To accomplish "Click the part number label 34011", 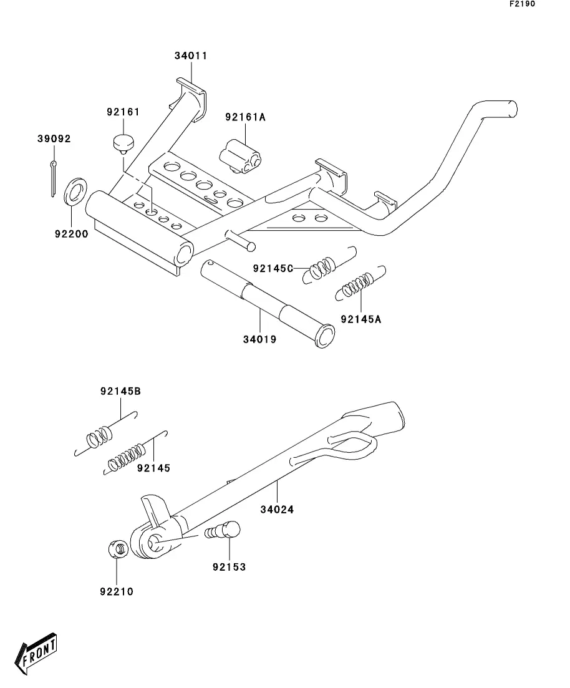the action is click(x=190, y=56).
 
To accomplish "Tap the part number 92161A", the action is click(x=245, y=117).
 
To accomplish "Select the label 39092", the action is click(x=54, y=138).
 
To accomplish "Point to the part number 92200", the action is click(x=72, y=234).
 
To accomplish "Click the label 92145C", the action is click(x=273, y=269).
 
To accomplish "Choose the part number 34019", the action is click(x=260, y=339).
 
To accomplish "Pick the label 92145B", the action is click(x=120, y=391).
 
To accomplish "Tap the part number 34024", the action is click(x=277, y=510).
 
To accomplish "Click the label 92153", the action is click(x=229, y=567).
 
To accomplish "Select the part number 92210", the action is click(x=116, y=591).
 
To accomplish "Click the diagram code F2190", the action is click(x=522, y=4).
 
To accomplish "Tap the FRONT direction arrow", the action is click(x=36, y=653).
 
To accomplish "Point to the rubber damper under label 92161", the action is click(x=123, y=144).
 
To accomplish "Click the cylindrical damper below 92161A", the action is click(x=240, y=157).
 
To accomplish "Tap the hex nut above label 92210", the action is click(x=118, y=549).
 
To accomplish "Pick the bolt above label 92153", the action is click(x=223, y=530).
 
